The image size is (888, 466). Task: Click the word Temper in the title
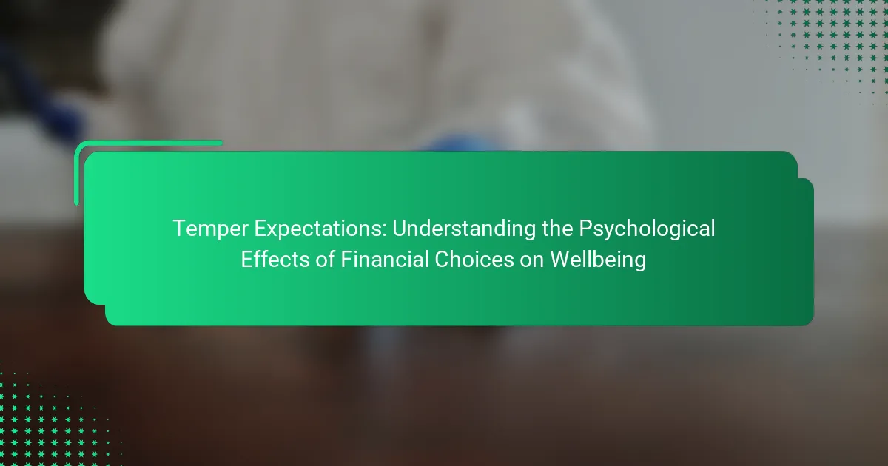click(x=210, y=229)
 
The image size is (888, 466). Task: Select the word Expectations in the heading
click(x=320, y=229)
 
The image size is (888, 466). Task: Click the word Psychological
click(x=647, y=229)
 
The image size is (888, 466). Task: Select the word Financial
click(x=384, y=260)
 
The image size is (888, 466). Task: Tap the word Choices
click(x=474, y=260)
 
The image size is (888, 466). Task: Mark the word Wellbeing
click(x=598, y=260)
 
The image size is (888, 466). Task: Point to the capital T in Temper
click(x=181, y=229)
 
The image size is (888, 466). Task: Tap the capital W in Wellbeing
click(x=562, y=260)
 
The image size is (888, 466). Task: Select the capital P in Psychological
click(x=586, y=229)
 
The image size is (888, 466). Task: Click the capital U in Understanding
click(x=400, y=229)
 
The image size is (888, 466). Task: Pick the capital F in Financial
click(x=346, y=260)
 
